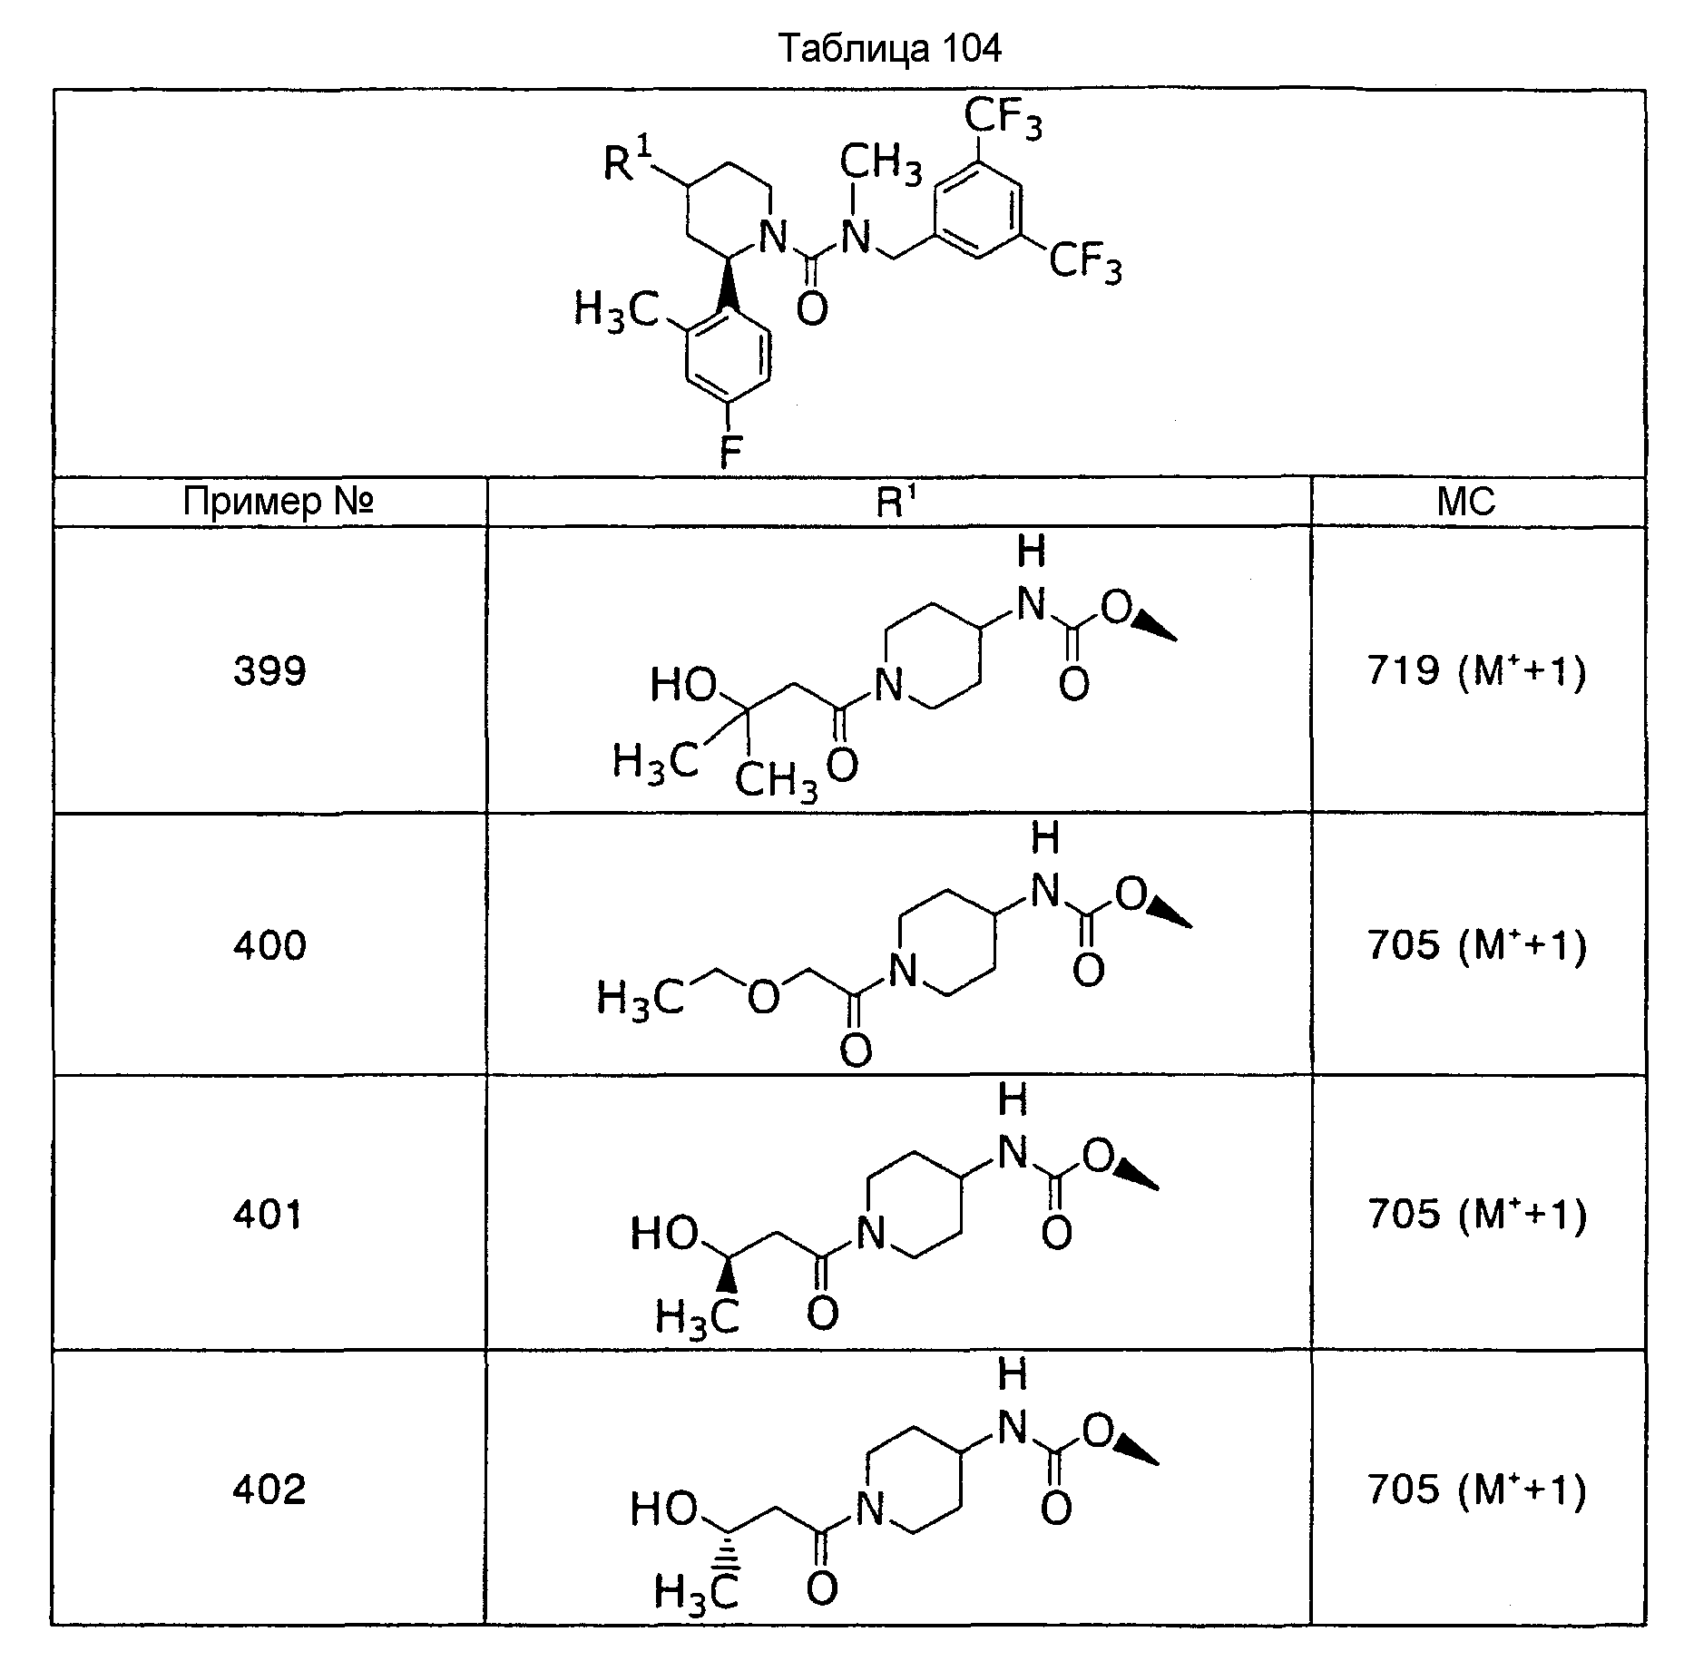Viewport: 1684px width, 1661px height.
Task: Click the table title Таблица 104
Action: point(890,49)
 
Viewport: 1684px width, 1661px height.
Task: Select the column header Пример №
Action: point(279,501)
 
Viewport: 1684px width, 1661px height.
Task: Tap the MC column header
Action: point(1466,502)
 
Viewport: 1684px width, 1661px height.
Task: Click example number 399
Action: point(269,671)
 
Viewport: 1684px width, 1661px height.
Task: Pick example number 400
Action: point(269,946)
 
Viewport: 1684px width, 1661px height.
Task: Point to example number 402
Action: point(269,1490)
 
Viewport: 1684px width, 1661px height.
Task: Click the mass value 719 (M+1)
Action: point(1477,671)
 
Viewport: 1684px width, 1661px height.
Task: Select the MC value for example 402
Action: point(1477,1490)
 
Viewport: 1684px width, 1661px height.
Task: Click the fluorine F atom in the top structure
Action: point(729,451)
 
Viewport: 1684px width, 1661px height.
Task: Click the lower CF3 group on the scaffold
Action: point(1085,264)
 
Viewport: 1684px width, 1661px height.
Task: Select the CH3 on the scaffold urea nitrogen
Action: point(880,164)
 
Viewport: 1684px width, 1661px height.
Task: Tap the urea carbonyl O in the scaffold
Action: point(811,309)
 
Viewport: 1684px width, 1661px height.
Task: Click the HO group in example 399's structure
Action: point(684,686)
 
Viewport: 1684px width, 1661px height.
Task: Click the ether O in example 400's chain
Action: point(764,997)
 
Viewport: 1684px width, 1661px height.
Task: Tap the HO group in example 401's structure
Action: point(665,1234)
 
